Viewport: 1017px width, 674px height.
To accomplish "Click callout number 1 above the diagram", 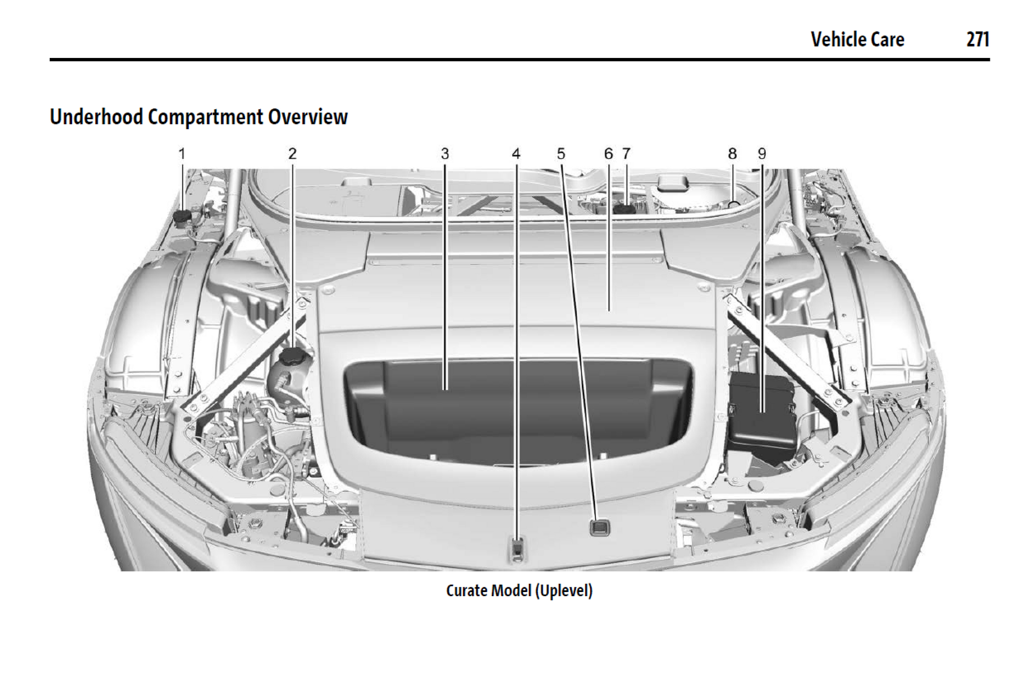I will click(182, 154).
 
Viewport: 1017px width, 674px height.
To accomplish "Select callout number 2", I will click(292, 154).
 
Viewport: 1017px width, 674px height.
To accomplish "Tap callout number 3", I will click(445, 154).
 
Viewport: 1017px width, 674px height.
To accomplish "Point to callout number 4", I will click(516, 154).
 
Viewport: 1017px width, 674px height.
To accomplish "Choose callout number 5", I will click(561, 154).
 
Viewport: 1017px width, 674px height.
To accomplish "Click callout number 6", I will click(608, 154).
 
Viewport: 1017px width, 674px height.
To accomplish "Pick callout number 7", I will click(626, 154).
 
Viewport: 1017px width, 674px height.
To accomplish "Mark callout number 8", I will click(732, 154).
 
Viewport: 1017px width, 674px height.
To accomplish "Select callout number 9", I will click(761, 154).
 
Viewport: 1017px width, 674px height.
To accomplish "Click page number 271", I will click(977, 40).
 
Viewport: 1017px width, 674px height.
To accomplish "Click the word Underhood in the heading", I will click(96, 117).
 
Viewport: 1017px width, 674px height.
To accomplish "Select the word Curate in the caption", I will click(467, 590).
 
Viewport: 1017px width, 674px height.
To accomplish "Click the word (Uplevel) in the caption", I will click(564, 590).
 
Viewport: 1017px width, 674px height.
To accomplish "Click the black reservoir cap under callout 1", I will click(182, 218).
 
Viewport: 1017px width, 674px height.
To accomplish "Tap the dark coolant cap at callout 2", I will click(295, 357).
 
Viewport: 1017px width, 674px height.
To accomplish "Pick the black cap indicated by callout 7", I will click(625, 208).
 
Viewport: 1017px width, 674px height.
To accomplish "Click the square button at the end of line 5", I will click(598, 527).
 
